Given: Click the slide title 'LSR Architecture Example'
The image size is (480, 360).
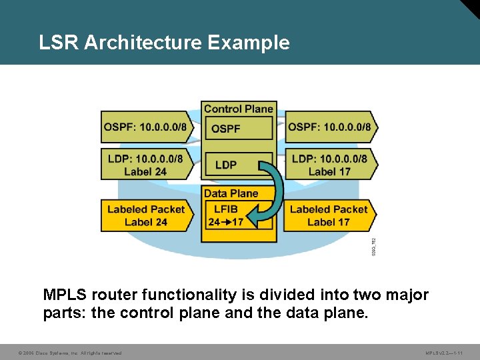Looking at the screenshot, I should (164, 43).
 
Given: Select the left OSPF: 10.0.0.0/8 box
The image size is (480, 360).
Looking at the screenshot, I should (146, 127).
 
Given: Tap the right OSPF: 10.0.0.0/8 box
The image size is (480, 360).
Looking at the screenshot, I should (330, 127).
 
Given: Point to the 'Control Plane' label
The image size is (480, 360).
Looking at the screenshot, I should (238, 109).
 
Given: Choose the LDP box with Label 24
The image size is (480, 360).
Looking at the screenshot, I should (145, 164).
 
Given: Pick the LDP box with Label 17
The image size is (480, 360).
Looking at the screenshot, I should (329, 164).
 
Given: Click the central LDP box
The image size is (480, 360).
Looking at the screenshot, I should (227, 165).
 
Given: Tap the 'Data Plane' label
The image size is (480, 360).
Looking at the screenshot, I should (231, 193).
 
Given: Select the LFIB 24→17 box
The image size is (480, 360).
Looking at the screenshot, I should (227, 215).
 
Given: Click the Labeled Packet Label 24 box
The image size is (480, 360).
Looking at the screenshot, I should (146, 215).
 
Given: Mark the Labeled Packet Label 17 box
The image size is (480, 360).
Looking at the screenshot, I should (329, 215).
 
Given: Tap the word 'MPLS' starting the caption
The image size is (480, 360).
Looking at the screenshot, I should (65, 295).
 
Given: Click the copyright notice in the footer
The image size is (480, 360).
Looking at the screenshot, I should (71, 353).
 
